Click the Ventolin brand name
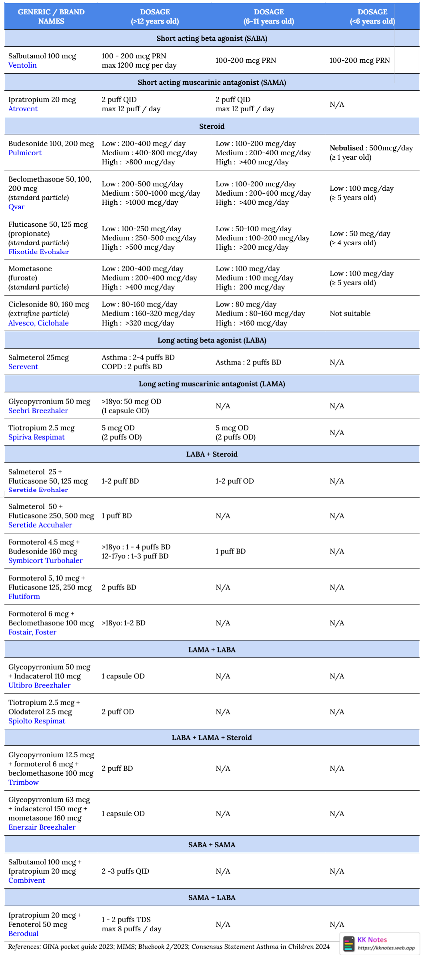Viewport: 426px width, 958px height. (x=22, y=65)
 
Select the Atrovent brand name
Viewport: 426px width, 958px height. (x=23, y=109)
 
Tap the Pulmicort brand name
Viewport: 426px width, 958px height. (x=25, y=153)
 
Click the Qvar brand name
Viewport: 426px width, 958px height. (x=16, y=207)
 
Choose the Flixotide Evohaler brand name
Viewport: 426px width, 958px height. (x=38, y=252)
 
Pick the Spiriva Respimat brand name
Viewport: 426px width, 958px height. (x=36, y=437)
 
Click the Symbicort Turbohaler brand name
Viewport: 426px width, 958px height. (x=45, y=560)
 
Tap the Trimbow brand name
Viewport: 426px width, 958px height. (x=24, y=782)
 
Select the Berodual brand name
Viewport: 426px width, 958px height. (x=24, y=934)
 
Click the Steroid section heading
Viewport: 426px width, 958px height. (x=212, y=126)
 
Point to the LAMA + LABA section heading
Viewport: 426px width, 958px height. (x=212, y=650)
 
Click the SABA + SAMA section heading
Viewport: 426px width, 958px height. (x=212, y=845)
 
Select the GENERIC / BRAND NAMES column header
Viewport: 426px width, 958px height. (x=51, y=16)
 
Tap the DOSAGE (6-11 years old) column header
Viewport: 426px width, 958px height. (x=269, y=16)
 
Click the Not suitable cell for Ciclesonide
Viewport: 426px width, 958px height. (x=350, y=314)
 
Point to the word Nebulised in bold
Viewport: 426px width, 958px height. (x=346, y=148)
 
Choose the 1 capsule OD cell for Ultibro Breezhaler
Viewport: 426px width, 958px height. (x=123, y=676)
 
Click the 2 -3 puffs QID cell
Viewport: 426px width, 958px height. (x=125, y=871)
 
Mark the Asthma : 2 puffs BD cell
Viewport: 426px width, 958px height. (x=248, y=362)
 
